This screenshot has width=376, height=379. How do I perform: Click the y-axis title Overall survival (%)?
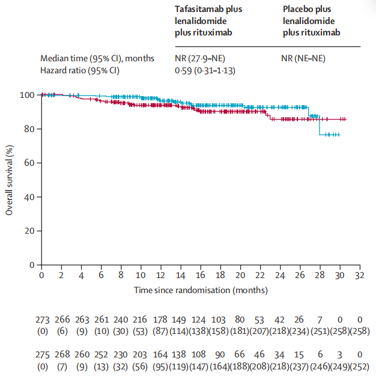click(9, 180)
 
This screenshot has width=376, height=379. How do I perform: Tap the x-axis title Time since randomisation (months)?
click(201, 290)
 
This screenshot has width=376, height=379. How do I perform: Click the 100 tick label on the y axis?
click(28, 95)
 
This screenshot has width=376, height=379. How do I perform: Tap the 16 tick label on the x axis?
click(201, 276)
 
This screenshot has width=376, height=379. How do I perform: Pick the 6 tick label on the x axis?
click(101, 276)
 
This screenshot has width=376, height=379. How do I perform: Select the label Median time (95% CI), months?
click(97, 58)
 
